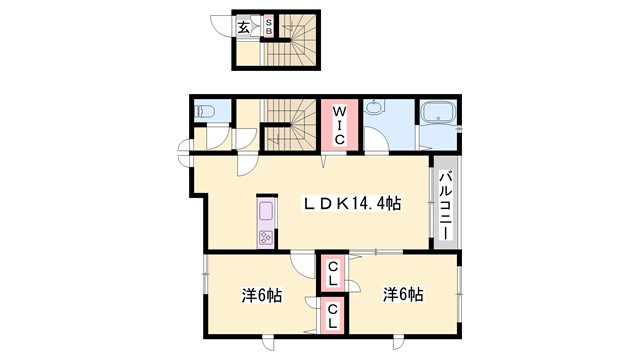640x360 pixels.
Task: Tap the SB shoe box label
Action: coord(268,27)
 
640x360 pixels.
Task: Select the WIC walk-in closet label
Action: coord(339,125)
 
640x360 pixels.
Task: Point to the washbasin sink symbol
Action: coord(374,108)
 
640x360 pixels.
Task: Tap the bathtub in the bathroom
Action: coord(436,118)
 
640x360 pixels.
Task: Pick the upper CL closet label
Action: coord(332,271)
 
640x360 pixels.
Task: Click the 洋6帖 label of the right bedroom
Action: coord(402,295)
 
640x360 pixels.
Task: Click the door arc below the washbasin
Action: coord(374,144)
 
